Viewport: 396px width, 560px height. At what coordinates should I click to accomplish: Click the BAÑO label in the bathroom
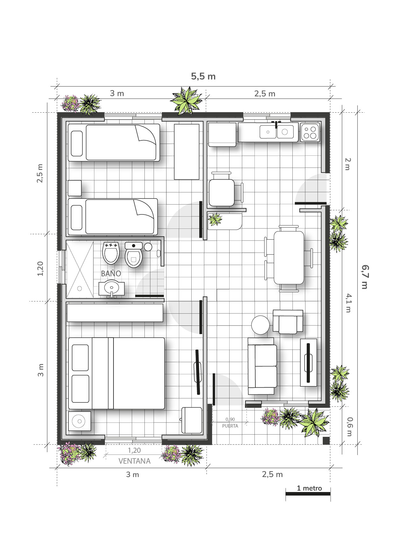pos(111,273)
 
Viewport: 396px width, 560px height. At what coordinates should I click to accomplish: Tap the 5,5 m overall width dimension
pos(203,77)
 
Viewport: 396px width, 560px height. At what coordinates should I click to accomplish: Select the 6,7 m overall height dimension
pos(364,277)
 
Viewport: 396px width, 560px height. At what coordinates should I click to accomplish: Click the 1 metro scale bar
pos(308,494)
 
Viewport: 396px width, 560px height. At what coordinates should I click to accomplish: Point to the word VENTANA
pos(134,461)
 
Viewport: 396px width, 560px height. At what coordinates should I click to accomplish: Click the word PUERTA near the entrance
pos(230,426)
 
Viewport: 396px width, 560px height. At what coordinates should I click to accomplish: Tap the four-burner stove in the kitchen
pos(310,132)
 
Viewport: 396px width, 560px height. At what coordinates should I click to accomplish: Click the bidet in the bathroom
pos(111,253)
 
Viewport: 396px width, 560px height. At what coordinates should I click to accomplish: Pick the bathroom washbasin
pos(112,288)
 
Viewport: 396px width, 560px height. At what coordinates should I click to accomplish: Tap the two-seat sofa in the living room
pos(262,366)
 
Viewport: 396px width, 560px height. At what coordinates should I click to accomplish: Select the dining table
pos(289,258)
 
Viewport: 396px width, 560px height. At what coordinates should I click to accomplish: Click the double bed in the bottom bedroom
pos(116,373)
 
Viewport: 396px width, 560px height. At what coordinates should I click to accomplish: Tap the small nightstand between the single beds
pos(75,188)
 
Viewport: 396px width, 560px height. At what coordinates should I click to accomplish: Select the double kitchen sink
pos(277,131)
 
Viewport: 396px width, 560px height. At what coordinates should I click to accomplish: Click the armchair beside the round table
pos(288,322)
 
